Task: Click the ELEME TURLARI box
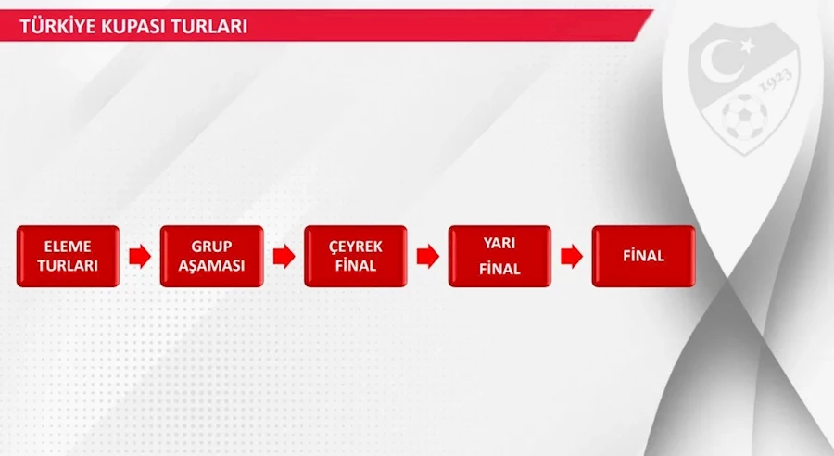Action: (x=68, y=256)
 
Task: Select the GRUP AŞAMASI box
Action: (x=211, y=256)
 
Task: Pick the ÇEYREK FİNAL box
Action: (x=356, y=256)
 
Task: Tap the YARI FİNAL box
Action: (x=500, y=256)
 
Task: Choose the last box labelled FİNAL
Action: (x=644, y=256)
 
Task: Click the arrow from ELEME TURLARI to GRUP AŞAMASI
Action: (x=140, y=257)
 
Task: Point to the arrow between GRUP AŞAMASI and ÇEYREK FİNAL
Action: (x=284, y=257)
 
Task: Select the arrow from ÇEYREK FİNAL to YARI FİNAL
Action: (x=427, y=257)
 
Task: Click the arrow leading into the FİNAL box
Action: (x=572, y=257)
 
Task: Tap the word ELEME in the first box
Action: (x=68, y=247)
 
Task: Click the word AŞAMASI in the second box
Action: (x=211, y=266)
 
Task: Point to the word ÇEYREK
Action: (x=356, y=247)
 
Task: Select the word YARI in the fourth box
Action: (x=499, y=243)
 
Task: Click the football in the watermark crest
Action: (x=744, y=117)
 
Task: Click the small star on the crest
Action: (x=747, y=46)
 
